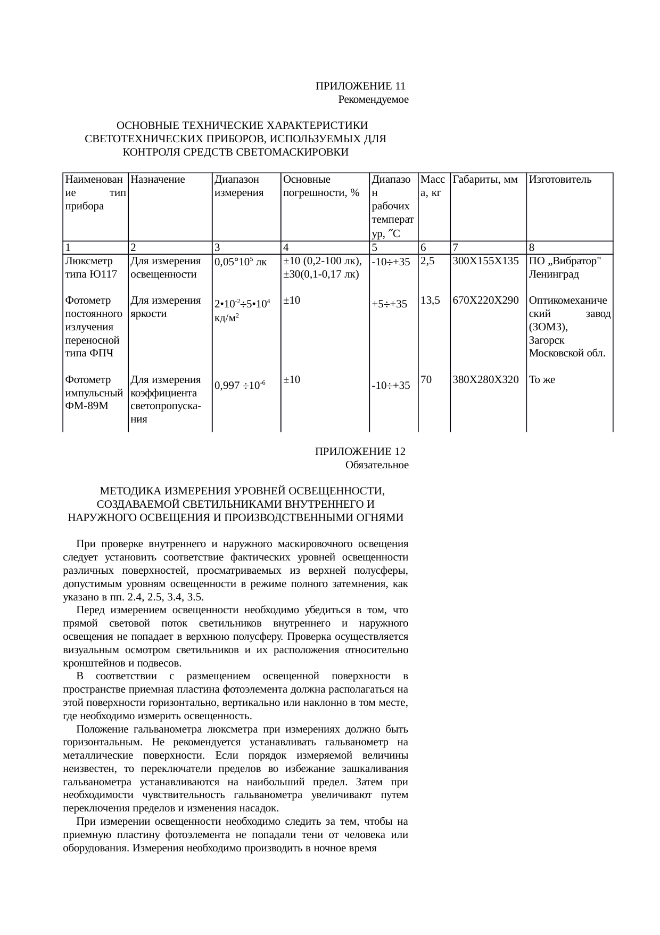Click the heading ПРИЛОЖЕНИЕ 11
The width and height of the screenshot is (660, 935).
click(360, 86)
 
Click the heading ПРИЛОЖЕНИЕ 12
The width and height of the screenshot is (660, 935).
click(360, 452)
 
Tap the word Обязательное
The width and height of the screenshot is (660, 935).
click(376, 465)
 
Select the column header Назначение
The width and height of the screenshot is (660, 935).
click(158, 180)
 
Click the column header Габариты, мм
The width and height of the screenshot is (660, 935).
click(485, 180)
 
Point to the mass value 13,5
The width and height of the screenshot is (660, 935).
click(430, 300)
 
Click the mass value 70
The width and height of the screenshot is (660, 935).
click(426, 380)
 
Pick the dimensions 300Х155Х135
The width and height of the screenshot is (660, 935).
click(485, 261)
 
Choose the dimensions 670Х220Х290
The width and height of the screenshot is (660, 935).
click(485, 300)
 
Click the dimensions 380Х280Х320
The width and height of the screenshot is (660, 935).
click(485, 380)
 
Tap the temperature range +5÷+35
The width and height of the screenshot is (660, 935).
click(390, 304)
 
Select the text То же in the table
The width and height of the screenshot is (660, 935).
click(542, 380)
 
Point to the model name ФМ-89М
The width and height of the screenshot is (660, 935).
click(86, 406)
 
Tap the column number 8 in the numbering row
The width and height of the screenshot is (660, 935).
click(532, 248)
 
